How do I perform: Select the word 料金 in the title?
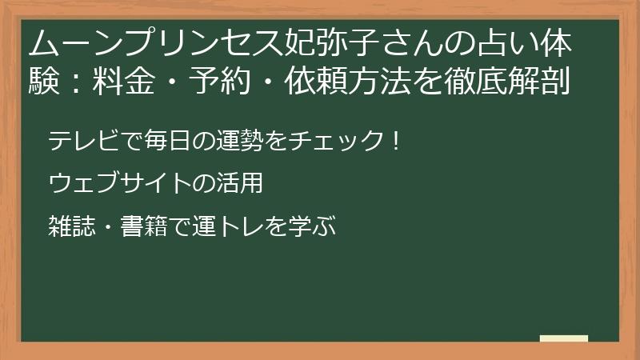pyautogui.click(x=124, y=81)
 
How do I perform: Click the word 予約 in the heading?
pyautogui.click(x=219, y=81)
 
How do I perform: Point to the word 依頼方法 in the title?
pyautogui.click(x=347, y=81)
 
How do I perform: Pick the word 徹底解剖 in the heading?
pyautogui.click(x=506, y=81)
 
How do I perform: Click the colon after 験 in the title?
pyautogui.click(x=75, y=82)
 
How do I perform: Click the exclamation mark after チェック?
pyautogui.click(x=395, y=140)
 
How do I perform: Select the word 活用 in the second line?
pyautogui.click(x=239, y=183)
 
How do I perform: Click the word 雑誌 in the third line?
pyautogui.click(x=72, y=226)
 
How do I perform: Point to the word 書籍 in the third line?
pyautogui.click(x=144, y=226)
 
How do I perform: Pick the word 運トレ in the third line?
pyautogui.click(x=227, y=226)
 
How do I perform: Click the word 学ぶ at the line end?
pyautogui.click(x=311, y=226)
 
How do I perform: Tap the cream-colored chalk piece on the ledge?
pyautogui.click(x=564, y=338)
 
